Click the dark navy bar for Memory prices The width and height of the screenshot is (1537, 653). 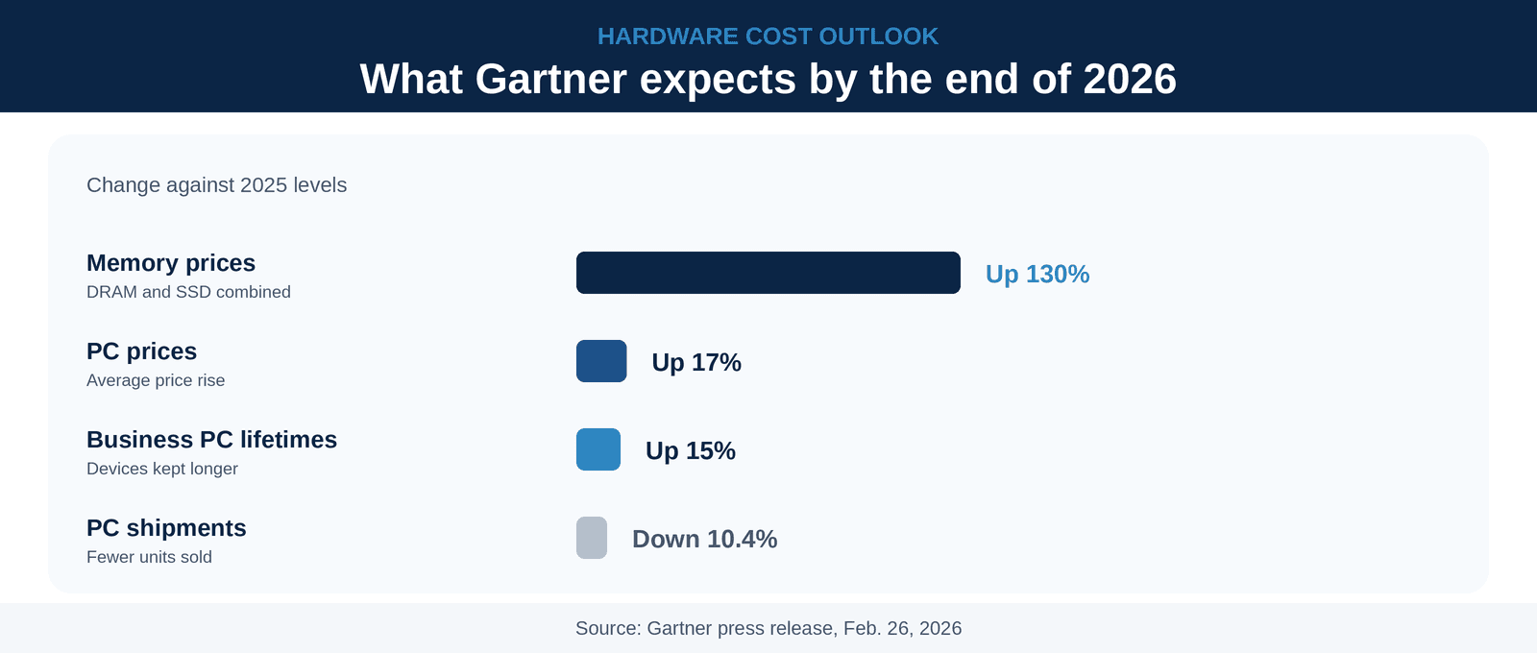(x=768, y=273)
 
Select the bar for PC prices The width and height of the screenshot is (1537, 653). (x=601, y=361)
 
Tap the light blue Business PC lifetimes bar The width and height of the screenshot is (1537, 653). (x=598, y=449)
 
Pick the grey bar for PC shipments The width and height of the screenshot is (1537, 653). (x=592, y=538)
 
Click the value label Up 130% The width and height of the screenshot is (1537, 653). (x=1037, y=275)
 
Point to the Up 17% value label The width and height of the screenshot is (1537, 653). (x=696, y=362)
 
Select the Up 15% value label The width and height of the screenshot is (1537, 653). (x=691, y=450)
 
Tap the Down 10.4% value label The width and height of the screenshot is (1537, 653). (x=705, y=539)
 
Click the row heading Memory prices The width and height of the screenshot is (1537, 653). (x=171, y=263)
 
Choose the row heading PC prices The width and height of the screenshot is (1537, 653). (x=141, y=351)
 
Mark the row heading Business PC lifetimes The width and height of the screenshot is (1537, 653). (x=212, y=440)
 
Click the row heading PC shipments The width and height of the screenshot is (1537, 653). (x=166, y=528)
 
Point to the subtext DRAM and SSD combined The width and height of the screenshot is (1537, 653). (x=188, y=292)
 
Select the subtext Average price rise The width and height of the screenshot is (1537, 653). (x=156, y=380)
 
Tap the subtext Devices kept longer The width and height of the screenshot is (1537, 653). (x=162, y=470)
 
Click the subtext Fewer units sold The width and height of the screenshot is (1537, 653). (x=149, y=557)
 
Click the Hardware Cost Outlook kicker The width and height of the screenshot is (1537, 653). (x=768, y=36)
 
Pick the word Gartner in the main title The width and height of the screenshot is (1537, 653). (x=550, y=79)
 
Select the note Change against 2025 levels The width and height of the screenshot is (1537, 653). (x=217, y=185)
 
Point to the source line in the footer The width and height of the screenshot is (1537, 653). (x=768, y=628)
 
